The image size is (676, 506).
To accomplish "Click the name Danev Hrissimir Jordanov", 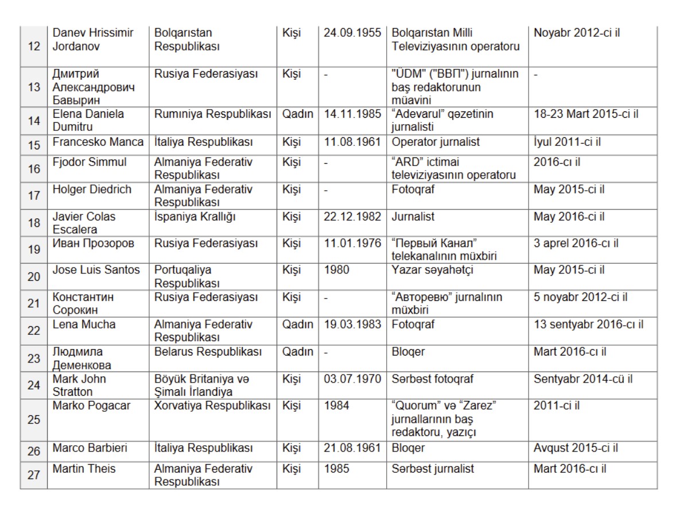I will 93,39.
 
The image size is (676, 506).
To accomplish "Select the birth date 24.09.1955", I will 352,33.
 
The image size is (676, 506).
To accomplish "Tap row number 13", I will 34,87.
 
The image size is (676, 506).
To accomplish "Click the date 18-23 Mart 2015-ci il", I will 586,114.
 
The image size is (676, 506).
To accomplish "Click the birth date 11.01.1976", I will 352,244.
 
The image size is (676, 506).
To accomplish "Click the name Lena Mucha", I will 84,325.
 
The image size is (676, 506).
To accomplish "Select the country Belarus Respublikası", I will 208,352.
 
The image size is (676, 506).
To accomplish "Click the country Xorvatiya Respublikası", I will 212,406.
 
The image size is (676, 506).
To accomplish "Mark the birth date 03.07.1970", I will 352,379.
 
